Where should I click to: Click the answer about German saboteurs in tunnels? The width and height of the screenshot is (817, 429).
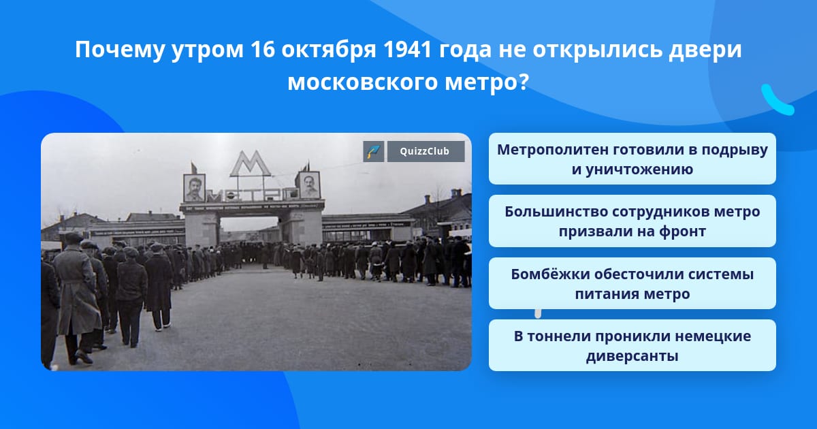632,345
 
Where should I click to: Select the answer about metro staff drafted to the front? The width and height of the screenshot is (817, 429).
632,221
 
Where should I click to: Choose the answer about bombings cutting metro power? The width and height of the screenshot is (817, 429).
632,283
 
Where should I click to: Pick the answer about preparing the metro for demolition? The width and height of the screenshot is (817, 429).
632,159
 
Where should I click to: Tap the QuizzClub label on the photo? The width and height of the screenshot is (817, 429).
426,151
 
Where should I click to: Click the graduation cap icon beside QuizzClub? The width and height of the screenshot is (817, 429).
374,151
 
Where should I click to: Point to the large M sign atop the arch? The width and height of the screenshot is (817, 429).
251,164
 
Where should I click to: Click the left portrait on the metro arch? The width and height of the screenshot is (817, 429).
194,188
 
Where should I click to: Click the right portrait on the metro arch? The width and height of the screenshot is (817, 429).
310,185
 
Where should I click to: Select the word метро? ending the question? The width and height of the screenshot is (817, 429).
487,82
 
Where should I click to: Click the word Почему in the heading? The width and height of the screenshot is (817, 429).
120,50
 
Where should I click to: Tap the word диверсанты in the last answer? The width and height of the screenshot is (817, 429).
632,356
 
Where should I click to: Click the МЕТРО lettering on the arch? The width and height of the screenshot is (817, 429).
252,195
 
